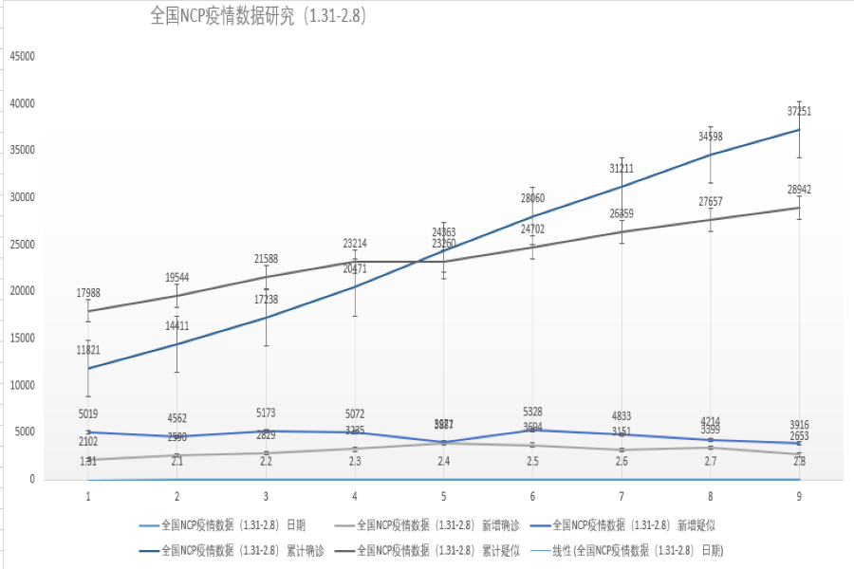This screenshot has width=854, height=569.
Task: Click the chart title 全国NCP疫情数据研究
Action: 257,16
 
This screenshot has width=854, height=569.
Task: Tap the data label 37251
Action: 799,112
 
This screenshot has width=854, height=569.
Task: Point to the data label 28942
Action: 799,190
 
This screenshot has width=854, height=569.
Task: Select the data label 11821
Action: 88,351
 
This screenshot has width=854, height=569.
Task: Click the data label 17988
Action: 88,292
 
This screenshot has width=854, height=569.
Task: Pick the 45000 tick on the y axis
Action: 22,56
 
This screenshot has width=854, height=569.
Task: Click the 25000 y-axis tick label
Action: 22,244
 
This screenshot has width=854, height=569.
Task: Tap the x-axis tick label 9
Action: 799,496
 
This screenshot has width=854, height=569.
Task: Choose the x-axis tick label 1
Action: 88,496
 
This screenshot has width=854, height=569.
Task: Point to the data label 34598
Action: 710,137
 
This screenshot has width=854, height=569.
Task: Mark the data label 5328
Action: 532,412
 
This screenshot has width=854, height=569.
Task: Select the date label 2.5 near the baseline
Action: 532,461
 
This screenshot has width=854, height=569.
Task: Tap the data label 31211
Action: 622,169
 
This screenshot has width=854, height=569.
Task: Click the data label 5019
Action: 88,414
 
